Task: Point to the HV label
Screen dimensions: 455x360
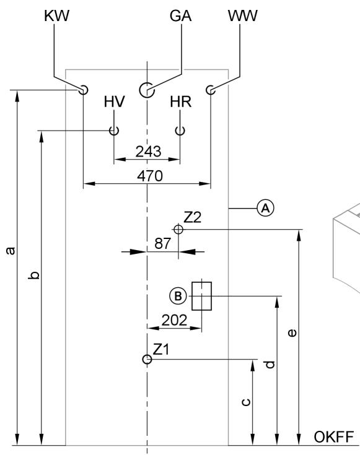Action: click(x=114, y=102)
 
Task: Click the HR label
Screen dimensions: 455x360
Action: click(x=181, y=102)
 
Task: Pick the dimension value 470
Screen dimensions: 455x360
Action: click(x=150, y=176)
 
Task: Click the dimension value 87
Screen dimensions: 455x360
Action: click(x=162, y=245)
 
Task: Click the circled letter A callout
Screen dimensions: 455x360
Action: click(x=265, y=209)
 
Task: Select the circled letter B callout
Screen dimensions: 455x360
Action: click(x=178, y=296)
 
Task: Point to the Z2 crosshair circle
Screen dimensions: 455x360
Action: click(x=178, y=229)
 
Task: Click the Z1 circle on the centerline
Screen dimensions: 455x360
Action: click(x=146, y=359)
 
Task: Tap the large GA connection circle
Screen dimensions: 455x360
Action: click(x=146, y=90)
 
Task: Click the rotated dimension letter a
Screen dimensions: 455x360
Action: click(x=9, y=251)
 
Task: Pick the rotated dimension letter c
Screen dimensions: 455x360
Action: click(x=245, y=402)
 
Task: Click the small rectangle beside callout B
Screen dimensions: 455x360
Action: click(x=202, y=296)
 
